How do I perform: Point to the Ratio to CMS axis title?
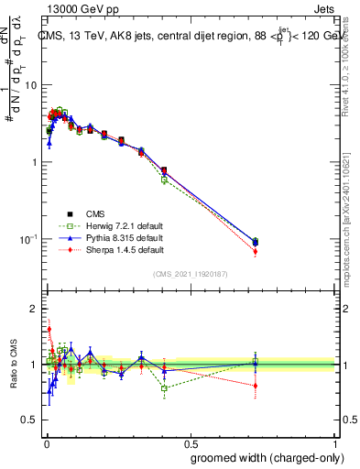(x=13, y=364)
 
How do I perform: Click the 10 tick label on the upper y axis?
(x=30, y=85)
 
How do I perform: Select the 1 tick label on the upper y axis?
(x=33, y=162)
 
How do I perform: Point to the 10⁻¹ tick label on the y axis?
(x=28, y=239)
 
